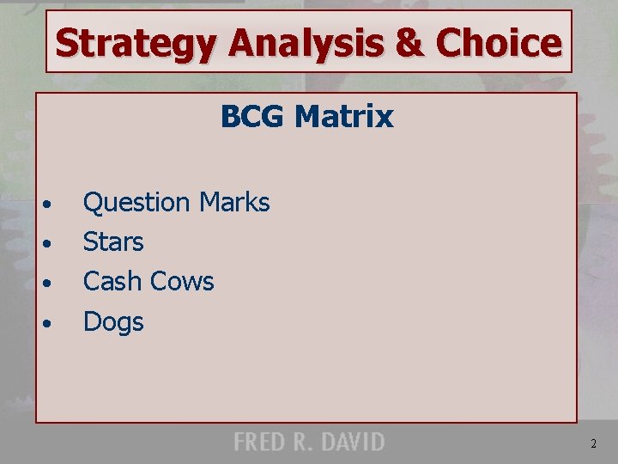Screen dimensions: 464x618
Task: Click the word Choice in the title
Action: tap(497, 42)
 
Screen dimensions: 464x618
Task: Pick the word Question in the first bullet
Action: tap(136, 204)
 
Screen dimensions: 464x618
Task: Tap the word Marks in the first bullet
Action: tap(234, 203)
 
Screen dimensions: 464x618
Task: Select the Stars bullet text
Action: tap(113, 242)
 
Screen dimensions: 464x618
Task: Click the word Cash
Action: tap(112, 282)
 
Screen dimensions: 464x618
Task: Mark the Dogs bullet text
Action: tap(113, 322)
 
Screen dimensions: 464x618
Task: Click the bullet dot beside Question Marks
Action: tap(51, 205)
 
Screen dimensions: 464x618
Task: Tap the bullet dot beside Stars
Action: tap(51, 244)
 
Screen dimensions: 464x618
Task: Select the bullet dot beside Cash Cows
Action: tap(51, 284)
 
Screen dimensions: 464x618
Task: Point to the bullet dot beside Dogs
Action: tap(51, 324)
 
